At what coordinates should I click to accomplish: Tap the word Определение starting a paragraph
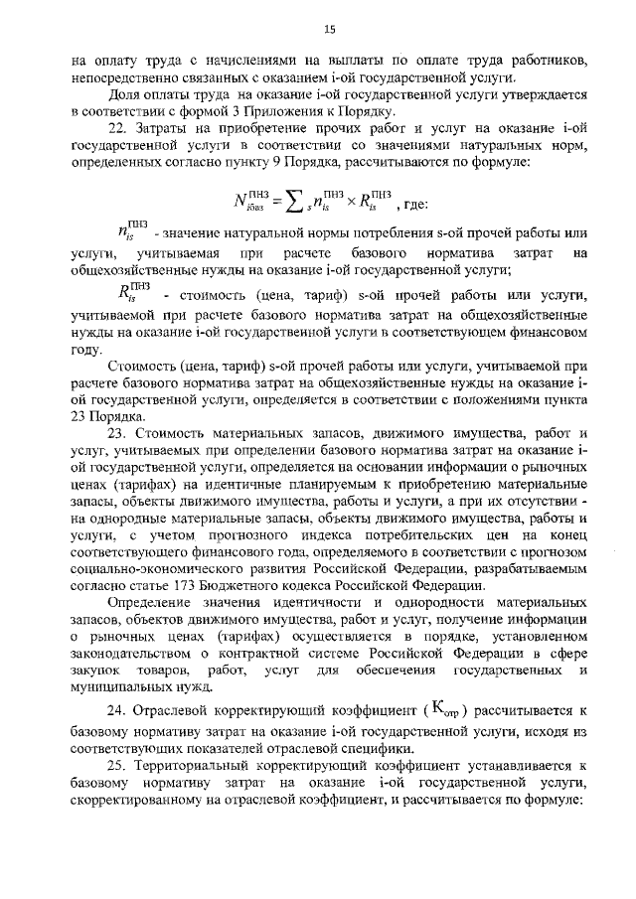pos(153,607)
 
